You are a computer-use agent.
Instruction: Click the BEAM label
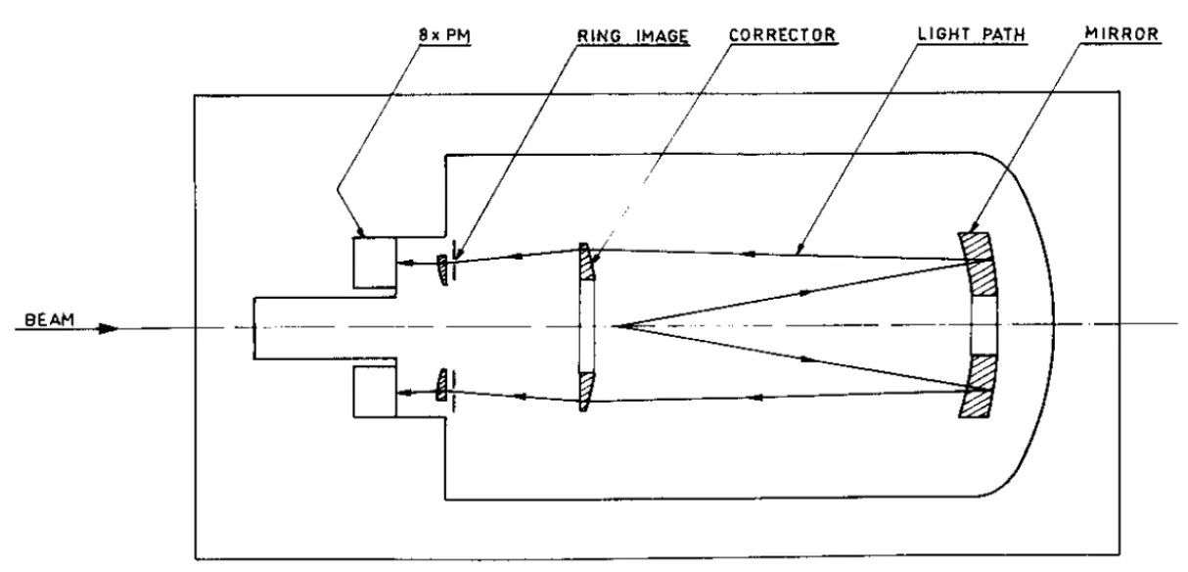coord(50,320)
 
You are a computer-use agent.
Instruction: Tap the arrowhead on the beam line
coord(109,329)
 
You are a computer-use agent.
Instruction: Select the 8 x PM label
coord(444,35)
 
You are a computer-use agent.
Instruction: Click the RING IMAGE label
coord(633,35)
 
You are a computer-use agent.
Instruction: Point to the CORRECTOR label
coord(782,35)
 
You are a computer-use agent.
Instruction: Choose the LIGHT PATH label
coord(972,34)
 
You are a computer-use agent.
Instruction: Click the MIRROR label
coord(1121,33)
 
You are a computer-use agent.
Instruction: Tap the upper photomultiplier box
coord(375,263)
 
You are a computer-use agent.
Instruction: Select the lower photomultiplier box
coord(375,392)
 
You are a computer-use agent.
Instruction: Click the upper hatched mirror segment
coord(978,263)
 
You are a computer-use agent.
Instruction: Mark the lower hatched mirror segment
coord(978,386)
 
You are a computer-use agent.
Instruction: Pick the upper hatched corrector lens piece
coord(586,262)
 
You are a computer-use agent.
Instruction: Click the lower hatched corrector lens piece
coord(586,391)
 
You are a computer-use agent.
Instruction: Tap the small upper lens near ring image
coord(441,269)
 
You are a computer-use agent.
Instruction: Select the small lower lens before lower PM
coord(441,385)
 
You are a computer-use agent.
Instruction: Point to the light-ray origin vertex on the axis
coord(614,325)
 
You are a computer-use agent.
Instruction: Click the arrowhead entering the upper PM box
coord(406,262)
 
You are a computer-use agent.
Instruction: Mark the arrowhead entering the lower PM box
coord(406,393)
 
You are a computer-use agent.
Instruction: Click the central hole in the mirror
coord(984,325)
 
